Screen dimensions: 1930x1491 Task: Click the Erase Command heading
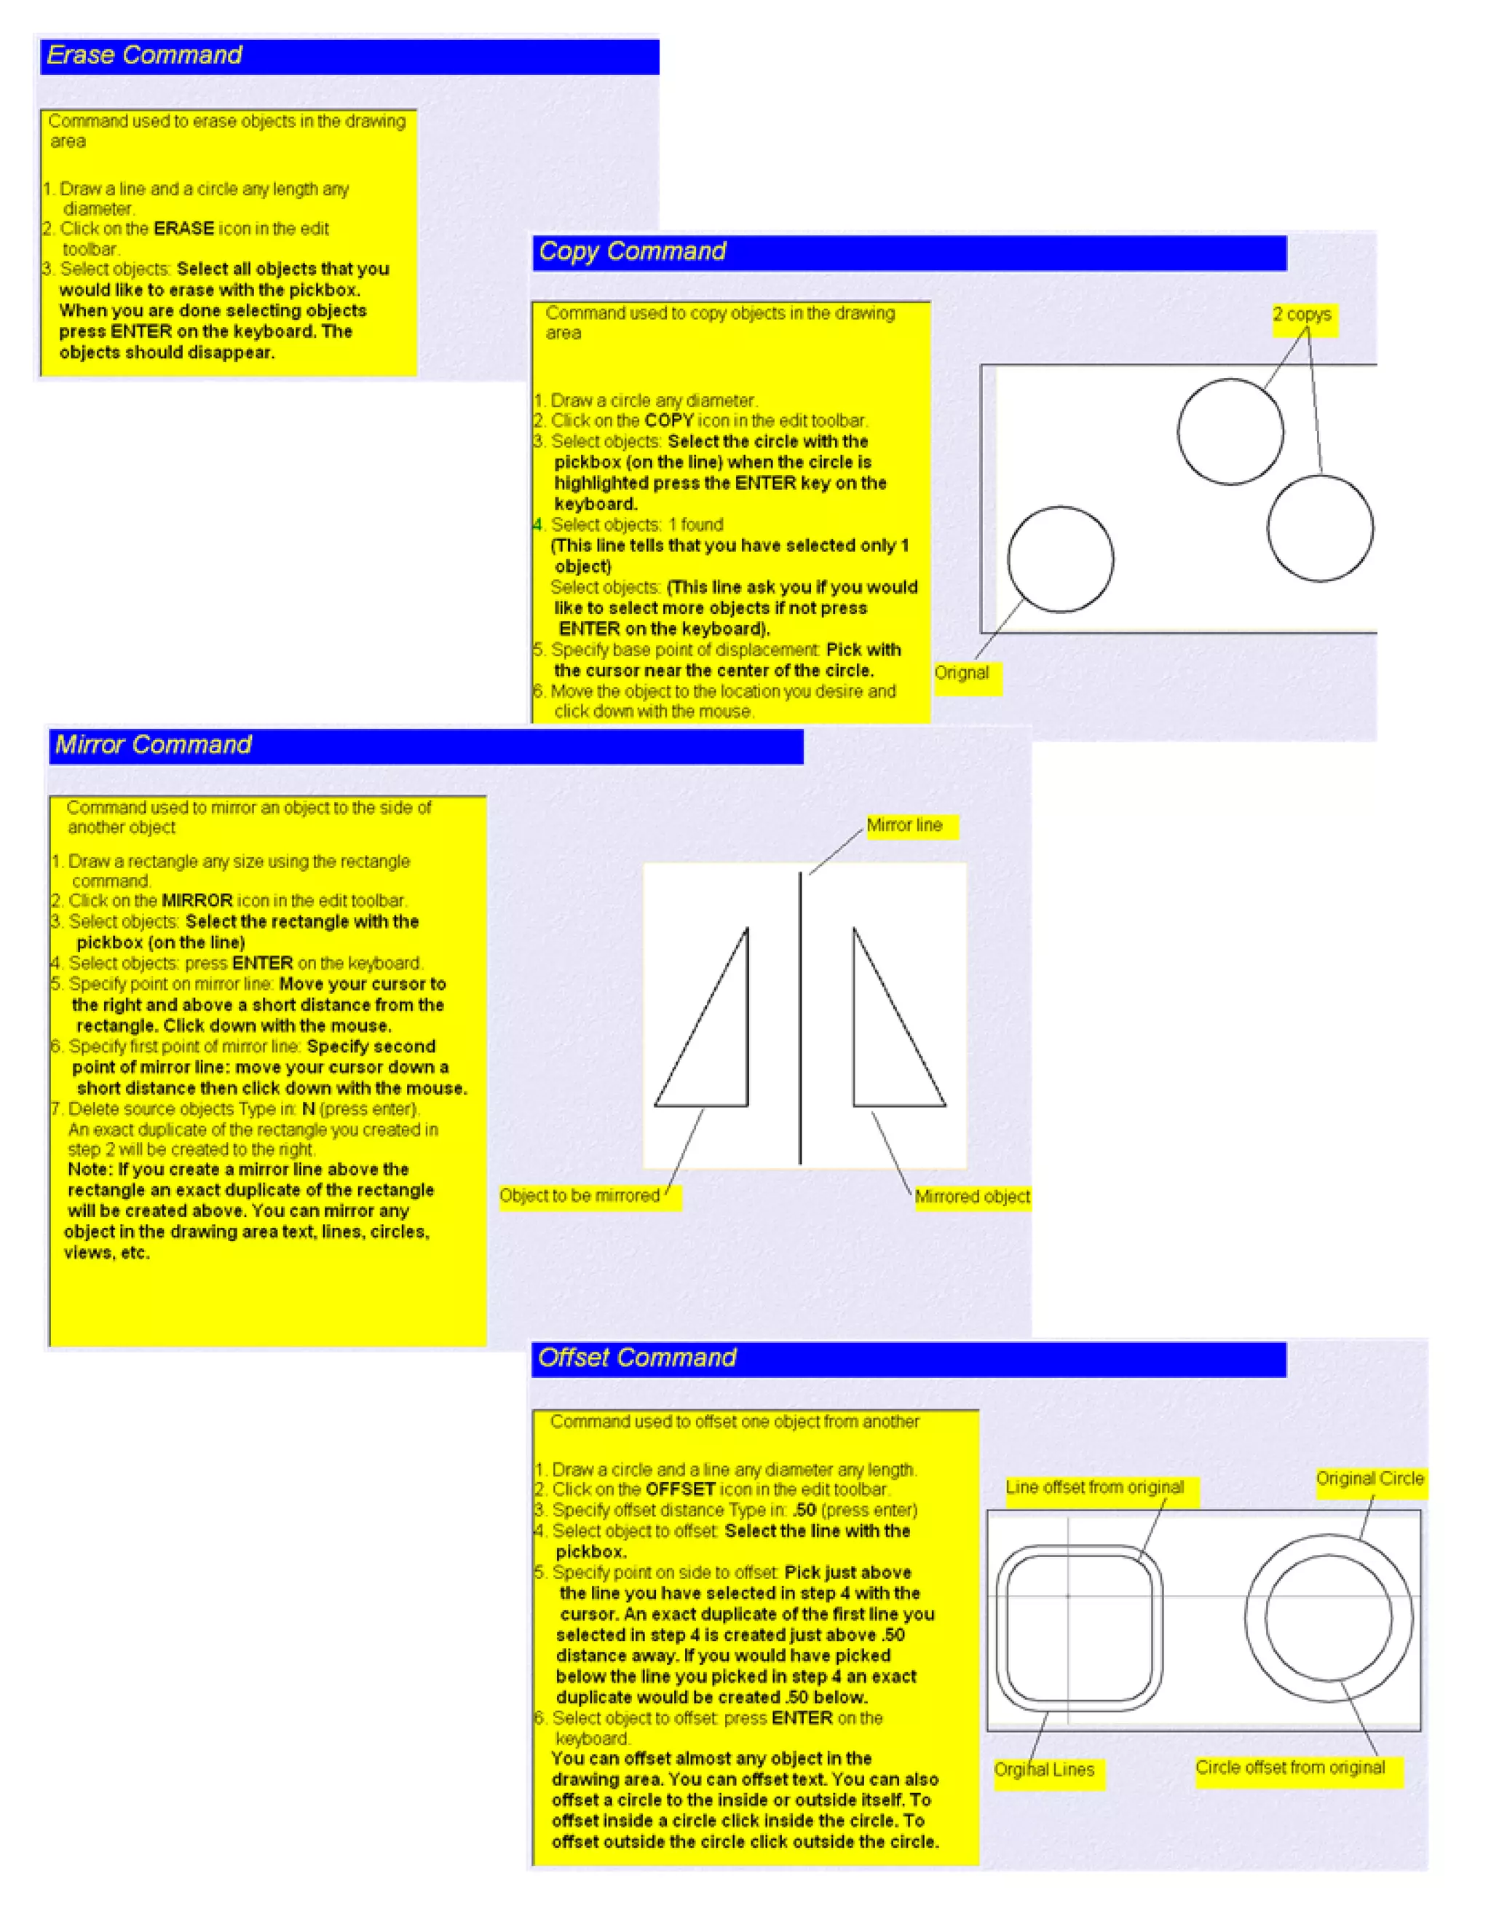click(144, 55)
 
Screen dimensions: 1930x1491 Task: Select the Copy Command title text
click(633, 252)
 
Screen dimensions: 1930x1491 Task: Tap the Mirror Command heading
click(154, 745)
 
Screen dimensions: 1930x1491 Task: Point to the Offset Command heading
click(637, 1358)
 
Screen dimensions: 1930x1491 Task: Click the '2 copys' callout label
click(1302, 315)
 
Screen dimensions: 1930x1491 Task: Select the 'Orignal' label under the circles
click(962, 674)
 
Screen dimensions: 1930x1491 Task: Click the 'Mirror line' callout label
click(904, 825)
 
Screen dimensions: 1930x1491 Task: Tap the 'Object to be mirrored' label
click(580, 1196)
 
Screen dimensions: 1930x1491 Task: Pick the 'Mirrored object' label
click(972, 1197)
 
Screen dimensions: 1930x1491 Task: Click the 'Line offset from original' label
click(1094, 1487)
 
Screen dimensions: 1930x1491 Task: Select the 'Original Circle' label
click(1369, 1478)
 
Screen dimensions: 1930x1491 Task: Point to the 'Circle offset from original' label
click(1289, 1768)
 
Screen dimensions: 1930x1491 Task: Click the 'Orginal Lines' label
click(1044, 1770)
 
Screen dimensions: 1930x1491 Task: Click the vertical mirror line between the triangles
click(800, 1016)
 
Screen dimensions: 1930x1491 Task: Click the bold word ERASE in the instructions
click(183, 229)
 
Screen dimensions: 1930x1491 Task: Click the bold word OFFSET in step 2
click(680, 1489)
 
